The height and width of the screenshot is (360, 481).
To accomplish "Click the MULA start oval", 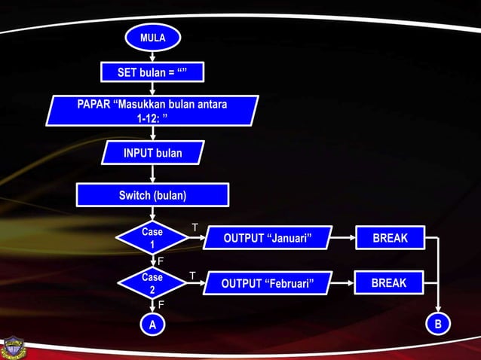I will [x=153, y=37].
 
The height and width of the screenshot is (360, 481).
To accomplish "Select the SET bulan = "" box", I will [x=153, y=72].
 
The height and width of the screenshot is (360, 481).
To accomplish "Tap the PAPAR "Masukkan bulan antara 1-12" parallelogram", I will [x=153, y=111].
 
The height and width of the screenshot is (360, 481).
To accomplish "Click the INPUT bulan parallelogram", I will [x=153, y=154].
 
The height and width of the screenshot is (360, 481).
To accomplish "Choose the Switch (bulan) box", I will [x=153, y=196].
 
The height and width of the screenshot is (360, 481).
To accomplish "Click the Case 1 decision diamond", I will [x=152, y=238].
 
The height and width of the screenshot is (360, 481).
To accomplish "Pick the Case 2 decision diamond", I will [x=152, y=283].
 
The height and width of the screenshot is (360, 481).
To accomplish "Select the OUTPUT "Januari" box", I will [x=268, y=239].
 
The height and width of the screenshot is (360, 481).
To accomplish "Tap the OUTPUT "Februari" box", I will [x=267, y=283].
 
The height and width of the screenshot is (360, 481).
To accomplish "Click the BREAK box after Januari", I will [x=391, y=238].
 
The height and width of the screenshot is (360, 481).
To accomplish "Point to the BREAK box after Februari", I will [x=389, y=283].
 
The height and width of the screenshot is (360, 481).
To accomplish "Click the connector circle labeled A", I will [x=152, y=325].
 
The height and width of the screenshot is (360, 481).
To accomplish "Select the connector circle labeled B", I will [x=438, y=324].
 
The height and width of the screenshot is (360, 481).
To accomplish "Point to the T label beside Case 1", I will [x=195, y=227].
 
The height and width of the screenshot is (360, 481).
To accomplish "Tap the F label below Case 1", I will [x=160, y=261].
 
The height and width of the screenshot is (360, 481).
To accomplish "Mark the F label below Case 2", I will [x=160, y=304].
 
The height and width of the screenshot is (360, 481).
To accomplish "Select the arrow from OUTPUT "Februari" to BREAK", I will [x=342, y=283].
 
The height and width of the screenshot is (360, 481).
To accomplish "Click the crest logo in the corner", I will [x=13, y=346].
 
